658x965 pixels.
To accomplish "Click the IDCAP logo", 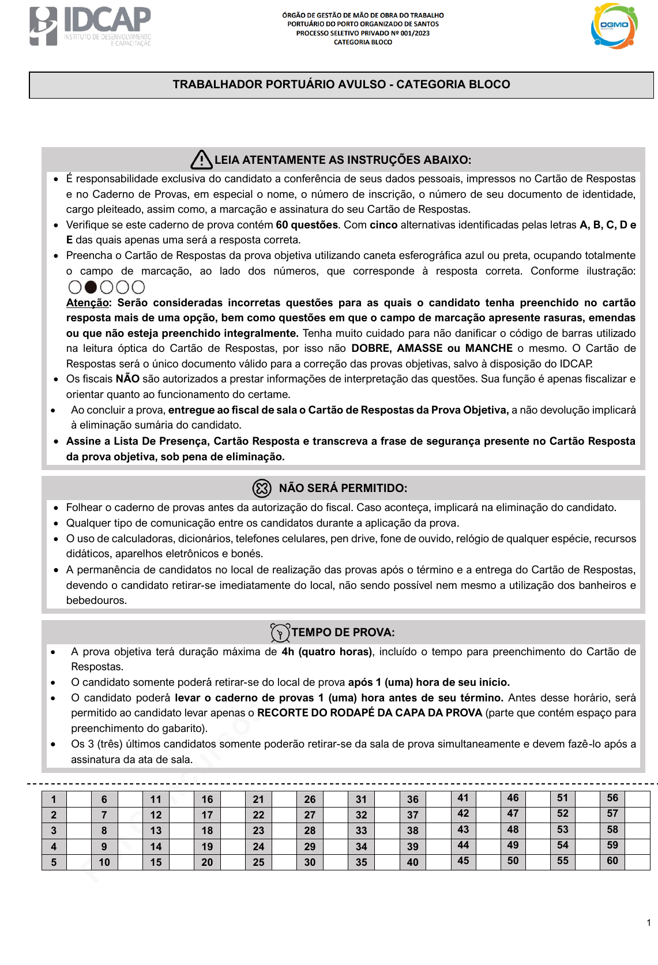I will tap(90, 26).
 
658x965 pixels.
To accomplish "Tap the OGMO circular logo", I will tap(614, 26).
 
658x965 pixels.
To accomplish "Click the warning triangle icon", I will tap(201, 160).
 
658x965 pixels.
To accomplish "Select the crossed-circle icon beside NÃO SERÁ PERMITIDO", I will tap(262, 489).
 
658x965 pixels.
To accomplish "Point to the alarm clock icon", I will tap(280, 633).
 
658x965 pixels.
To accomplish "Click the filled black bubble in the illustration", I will tap(91, 287).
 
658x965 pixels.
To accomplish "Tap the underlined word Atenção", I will tap(88, 303).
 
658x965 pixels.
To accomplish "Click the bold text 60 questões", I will tap(307, 225).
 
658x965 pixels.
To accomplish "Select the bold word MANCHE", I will tap(489, 348).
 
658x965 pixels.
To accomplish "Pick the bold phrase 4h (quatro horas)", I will tap(326, 652).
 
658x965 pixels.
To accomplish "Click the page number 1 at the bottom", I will tap(649, 922).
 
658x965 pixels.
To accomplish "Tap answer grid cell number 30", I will tap(310, 862).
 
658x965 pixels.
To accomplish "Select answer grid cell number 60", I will tap(612, 861).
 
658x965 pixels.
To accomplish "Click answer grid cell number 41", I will tap(463, 798).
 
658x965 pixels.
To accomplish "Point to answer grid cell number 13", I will tap(156, 831).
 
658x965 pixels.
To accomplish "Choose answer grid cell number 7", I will tap(104, 815).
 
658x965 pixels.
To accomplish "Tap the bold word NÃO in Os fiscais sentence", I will tap(127, 379).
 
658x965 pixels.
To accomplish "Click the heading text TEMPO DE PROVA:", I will tap(343, 633).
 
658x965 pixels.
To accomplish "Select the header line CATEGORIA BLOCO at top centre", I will tap(363, 42).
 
